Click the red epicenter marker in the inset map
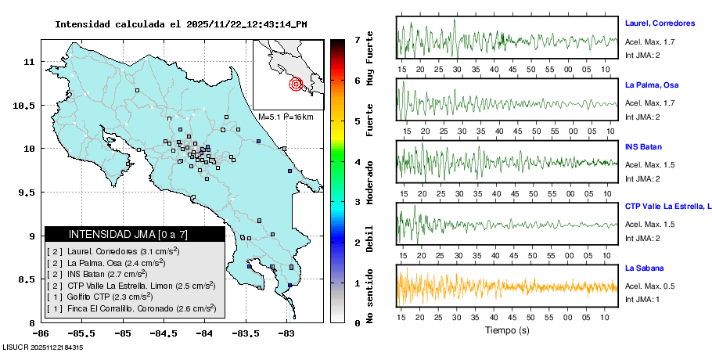click(x=296, y=84)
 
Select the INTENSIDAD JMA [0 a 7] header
click(x=135, y=234)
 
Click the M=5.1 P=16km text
click(x=286, y=117)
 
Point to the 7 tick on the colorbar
click(x=356, y=39)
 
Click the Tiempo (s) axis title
click(x=507, y=330)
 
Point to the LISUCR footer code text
click(x=43, y=347)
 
